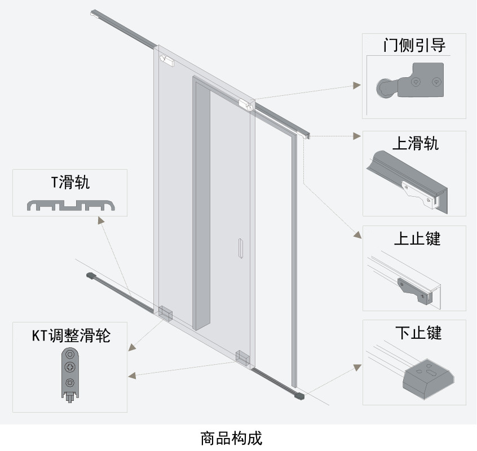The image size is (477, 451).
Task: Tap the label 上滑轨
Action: (x=415, y=143)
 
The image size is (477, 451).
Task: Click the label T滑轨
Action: (x=70, y=182)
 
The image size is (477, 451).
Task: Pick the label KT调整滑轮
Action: (x=70, y=336)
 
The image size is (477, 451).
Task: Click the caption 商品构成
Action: (x=231, y=437)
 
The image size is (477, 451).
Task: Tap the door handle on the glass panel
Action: (x=241, y=249)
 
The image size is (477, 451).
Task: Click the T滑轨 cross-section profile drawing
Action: (x=70, y=205)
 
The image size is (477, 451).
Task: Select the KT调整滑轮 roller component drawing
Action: (x=69, y=374)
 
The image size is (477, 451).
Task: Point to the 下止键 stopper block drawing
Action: (x=427, y=379)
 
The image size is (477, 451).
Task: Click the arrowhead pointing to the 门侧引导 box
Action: (x=356, y=85)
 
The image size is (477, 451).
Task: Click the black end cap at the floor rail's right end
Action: (x=300, y=397)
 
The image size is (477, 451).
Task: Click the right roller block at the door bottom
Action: (x=242, y=357)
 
